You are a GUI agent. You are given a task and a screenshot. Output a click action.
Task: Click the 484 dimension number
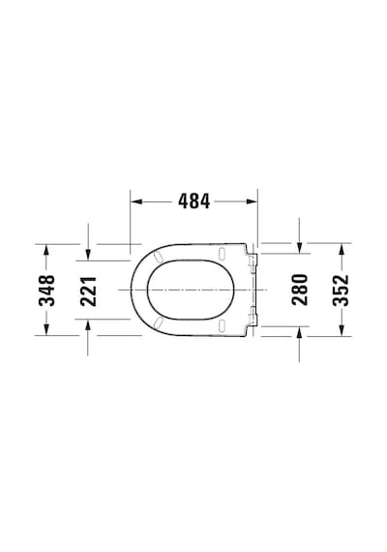[193, 201]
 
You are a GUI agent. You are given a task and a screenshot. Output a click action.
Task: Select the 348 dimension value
[46, 291]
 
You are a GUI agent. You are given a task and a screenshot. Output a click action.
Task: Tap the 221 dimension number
[88, 291]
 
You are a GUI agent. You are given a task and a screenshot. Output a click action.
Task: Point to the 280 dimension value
[300, 290]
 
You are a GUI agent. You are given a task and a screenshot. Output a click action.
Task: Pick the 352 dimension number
[341, 290]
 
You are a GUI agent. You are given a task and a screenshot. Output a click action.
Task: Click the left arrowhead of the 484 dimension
[136, 201]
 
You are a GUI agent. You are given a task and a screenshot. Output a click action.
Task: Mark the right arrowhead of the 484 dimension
[252, 201]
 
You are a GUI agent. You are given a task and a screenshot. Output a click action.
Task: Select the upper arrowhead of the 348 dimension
[45, 250]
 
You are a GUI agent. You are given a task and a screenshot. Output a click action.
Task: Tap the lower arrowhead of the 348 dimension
[45, 329]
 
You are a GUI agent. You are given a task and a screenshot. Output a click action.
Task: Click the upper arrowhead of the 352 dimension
[341, 249]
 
